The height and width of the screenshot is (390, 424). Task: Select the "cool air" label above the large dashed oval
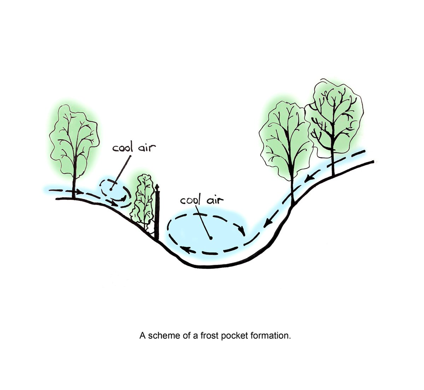(202, 200)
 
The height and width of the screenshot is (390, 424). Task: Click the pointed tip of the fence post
(157, 186)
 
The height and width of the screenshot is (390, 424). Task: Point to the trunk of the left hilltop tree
(74, 184)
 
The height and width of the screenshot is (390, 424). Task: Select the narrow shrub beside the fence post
(143, 201)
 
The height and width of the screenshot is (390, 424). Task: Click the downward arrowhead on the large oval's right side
(242, 232)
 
